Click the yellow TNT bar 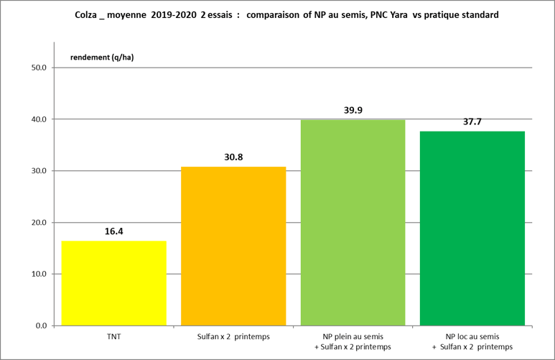pyautogui.click(x=113, y=283)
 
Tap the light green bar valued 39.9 pyautogui.click(x=353, y=223)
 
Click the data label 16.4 pyautogui.click(x=113, y=231)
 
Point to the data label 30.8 pyautogui.click(x=233, y=157)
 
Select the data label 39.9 pyautogui.click(x=353, y=110)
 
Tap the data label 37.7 pyautogui.click(x=472, y=121)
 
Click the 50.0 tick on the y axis pyautogui.click(x=38, y=68)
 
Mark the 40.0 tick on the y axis pyautogui.click(x=38, y=119)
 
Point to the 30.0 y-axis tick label pyautogui.click(x=38, y=171)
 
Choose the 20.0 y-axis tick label pyautogui.click(x=38, y=223)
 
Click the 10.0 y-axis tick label pyautogui.click(x=38, y=274)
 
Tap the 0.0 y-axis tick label pyautogui.click(x=40, y=326)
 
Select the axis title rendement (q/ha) pyautogui.click(x=101, y=57)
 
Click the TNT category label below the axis pyautogui.click(x=113, y=337)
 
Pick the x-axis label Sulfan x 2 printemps pyautogui.click(x=233, y=337)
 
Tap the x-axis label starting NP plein pyautogui.click(x=353, y=342)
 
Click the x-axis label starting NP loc pyautogui.click(x=472, y=342)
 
